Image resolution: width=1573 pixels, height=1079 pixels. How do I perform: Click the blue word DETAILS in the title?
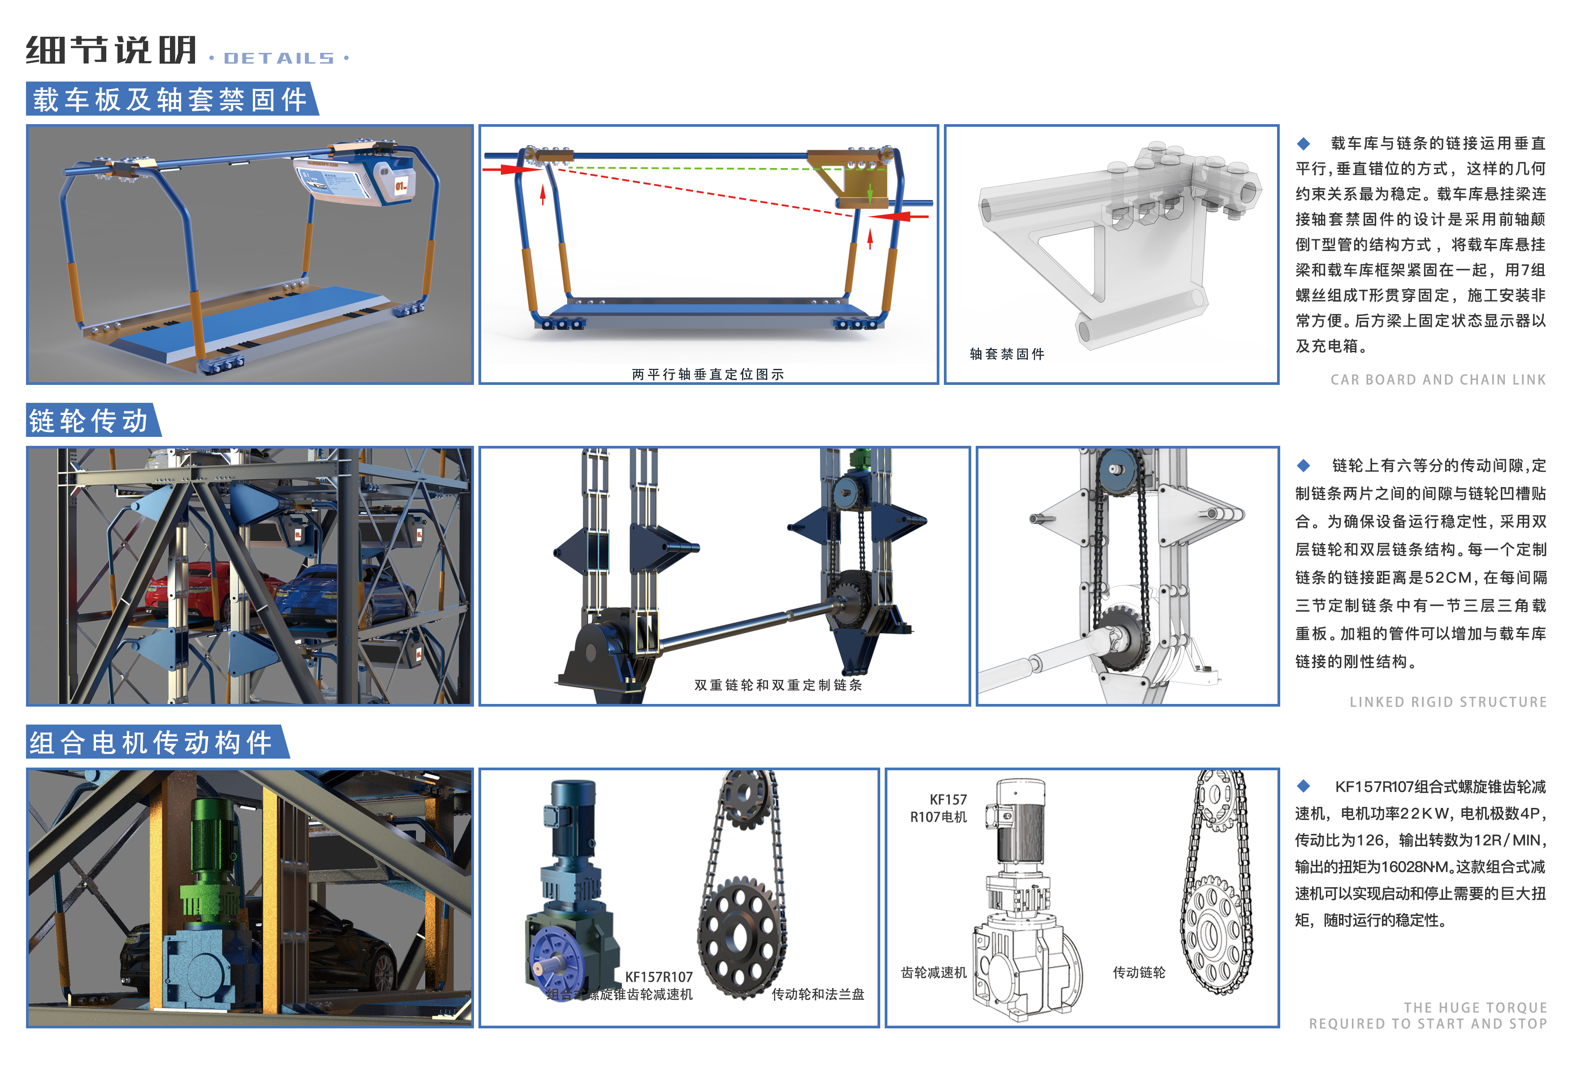[x=279, y=59]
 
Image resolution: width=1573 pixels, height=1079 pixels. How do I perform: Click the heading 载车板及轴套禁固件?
[x=170, y=100]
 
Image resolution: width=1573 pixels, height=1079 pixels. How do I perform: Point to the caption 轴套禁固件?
[x=1007, y=354]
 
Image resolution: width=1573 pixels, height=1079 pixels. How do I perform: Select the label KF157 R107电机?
[x=939, y=808]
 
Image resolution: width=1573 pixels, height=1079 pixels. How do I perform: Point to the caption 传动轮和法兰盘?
[x=817, y=994]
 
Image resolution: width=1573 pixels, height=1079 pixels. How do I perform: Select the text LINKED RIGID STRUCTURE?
[x=1448, y=702]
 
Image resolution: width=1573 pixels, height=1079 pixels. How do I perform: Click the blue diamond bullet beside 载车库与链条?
[x=1304, y=143]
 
